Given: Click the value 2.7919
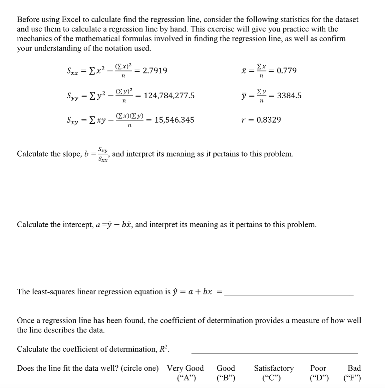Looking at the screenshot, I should [155, 70].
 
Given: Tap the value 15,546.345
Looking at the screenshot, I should [175, 120].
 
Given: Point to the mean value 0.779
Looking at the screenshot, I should [287, 70].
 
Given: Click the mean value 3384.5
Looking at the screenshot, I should [289, 95].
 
